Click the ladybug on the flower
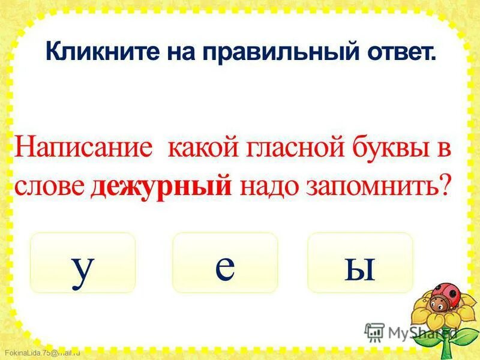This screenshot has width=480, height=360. pos(445,293)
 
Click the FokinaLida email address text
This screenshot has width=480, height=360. pos(42,353)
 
